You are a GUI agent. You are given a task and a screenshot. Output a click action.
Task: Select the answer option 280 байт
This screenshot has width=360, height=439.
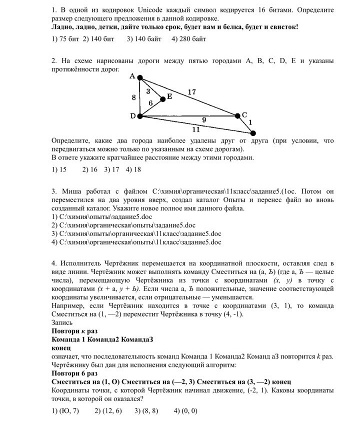[188, 38]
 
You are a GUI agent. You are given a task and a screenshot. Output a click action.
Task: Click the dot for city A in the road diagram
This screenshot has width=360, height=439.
[140, 77]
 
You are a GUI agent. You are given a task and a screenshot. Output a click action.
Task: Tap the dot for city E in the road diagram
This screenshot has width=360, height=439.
[162, 99]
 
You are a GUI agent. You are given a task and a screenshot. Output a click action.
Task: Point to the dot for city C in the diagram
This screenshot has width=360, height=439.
[238, 115]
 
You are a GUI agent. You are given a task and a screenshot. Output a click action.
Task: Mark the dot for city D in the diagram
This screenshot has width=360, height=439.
[140, 116]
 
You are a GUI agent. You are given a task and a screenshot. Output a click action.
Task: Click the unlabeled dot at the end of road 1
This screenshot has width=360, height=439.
[253, 133]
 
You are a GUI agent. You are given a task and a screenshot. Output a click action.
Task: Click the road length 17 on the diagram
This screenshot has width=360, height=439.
[191, 91]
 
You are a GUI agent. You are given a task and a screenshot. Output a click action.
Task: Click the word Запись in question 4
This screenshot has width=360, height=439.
[62, 322]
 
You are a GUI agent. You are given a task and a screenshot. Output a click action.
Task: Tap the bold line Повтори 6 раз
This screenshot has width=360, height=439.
[74, 373]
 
